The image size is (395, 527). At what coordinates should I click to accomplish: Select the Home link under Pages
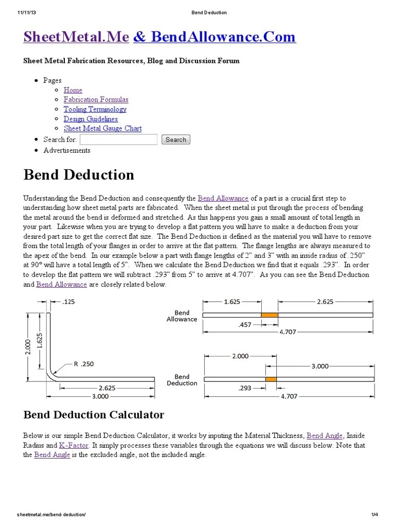click(73, 90)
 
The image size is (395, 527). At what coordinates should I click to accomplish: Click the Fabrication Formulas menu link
click(96, 99)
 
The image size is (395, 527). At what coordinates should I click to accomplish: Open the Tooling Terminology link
click(95, 109)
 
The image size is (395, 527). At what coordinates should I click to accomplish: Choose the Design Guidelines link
click(91, 119)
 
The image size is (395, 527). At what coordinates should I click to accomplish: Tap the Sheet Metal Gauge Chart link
click(102, 129)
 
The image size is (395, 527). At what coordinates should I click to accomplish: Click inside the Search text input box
click(119, 139)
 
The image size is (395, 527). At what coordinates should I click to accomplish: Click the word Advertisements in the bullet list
click(67, 150)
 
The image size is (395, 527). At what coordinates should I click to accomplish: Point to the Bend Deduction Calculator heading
click(94, 415)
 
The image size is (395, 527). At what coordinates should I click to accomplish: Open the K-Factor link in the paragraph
click(74, 445)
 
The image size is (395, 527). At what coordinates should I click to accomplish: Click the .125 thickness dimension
click(68, 302)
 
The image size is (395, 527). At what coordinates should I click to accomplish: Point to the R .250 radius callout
click(84, 364)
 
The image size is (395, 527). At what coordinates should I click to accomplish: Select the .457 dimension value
click(245, 325)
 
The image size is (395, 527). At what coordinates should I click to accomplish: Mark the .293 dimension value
click(245, 388)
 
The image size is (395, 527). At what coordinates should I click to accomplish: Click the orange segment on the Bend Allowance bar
click(270, 315)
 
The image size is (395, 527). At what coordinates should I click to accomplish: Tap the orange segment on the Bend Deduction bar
click(271, 379)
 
